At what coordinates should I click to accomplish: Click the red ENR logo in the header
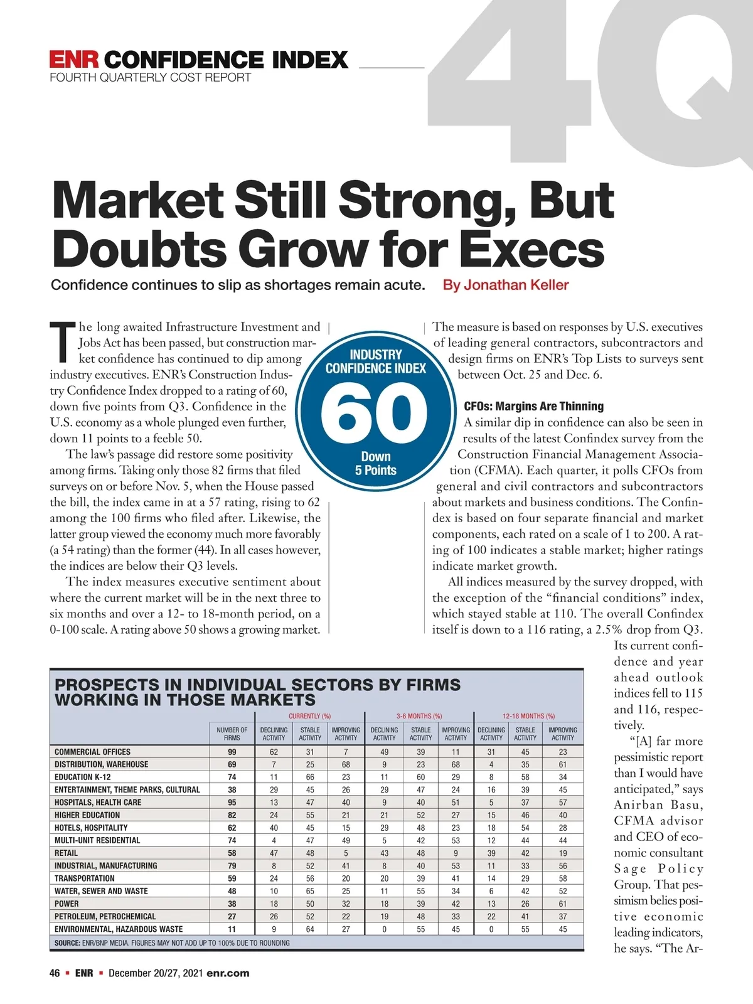pos(74,60)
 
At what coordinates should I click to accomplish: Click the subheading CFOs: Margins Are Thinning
pos(533,406)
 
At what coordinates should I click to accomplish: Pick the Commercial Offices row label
pos(92,752)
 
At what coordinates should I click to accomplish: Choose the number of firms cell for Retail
pos(232,853)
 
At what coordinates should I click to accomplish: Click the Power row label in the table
pos(67,904)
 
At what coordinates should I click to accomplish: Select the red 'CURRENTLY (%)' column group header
pos(309,716)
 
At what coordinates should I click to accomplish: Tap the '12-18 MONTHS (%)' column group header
pos(528,716)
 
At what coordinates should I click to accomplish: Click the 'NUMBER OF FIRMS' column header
pos(232,734)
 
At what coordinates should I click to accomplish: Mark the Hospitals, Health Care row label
pos(98,802)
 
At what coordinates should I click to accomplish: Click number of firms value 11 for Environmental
pos(232,929)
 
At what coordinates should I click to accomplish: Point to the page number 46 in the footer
pos(55,973)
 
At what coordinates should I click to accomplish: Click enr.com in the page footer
pos(228,973)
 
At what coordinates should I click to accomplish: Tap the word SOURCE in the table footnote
pos(67,943)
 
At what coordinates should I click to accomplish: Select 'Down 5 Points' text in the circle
pos(375,464)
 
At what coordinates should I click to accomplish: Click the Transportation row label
pos(84,878)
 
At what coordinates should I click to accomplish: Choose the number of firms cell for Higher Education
pos(232,815)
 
